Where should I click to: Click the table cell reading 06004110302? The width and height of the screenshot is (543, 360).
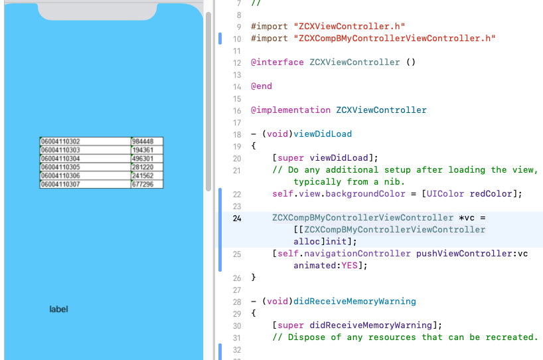60,141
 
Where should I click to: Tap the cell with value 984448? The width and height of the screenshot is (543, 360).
143,141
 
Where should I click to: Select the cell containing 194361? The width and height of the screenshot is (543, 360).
143,150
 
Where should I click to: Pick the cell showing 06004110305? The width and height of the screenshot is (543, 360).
60,167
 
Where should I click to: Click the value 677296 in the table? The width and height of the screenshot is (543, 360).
143,184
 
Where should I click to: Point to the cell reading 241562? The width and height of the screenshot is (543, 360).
143,175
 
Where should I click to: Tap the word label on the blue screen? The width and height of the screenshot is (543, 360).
59,310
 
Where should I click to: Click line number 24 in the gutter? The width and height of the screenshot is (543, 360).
237,218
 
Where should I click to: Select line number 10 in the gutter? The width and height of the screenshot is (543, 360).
237,39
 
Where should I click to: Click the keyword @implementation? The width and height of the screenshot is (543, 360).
290,110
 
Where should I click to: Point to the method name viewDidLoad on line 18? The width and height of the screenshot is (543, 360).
323,134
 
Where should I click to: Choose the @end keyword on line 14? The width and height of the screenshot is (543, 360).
262,86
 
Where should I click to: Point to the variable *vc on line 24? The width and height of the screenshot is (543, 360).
469,218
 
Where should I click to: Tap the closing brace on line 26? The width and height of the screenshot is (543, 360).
254,278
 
